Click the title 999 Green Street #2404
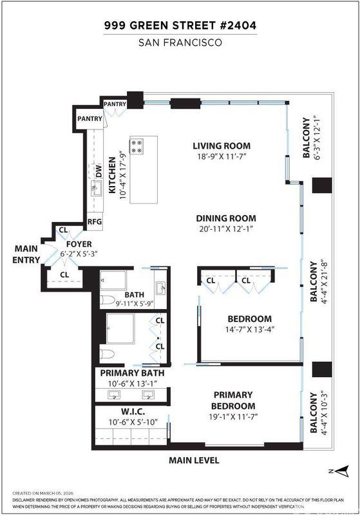180,25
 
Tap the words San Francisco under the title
180,42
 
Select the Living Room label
222,146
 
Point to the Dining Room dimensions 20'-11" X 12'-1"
226,229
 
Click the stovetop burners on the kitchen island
137,147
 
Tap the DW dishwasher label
99,171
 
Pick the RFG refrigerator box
95,221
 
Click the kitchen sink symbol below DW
96,189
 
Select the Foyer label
79,245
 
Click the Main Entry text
26,254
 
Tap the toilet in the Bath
107,300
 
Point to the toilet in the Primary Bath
107,354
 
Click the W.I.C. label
133,411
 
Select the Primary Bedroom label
233,400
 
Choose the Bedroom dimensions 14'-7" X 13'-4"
250,330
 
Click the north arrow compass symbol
342,471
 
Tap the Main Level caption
194,460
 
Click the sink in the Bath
161,288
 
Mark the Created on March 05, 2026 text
43,493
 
